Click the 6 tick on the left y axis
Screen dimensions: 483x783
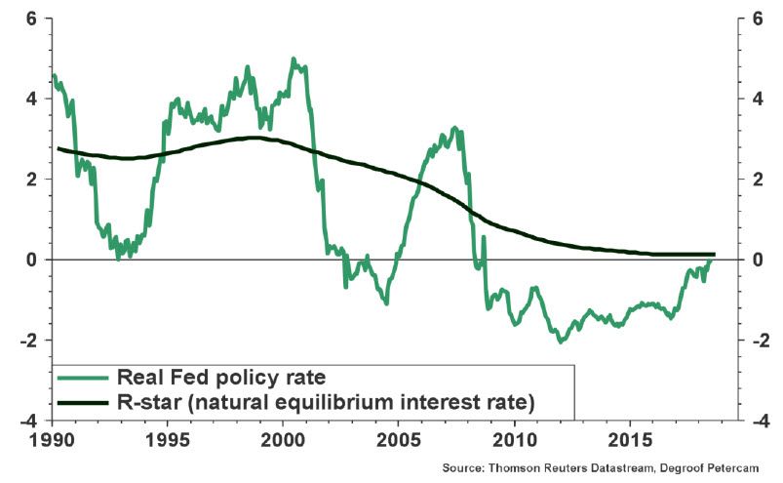coord(31,19)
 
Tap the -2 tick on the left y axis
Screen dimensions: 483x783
coord(28,341)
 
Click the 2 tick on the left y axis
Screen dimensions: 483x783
coord(31,180)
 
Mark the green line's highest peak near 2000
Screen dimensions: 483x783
coord(294,59)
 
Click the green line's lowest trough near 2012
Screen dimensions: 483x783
coord(561,342)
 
